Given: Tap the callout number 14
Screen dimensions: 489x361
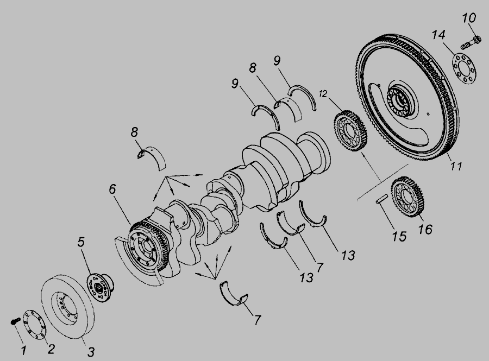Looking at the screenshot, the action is coord(438,35).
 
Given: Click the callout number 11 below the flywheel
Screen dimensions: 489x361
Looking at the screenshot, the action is coord(456,166).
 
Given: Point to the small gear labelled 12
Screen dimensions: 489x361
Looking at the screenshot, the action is coord(350,131).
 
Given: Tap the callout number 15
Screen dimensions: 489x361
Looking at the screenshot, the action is coord(399,236).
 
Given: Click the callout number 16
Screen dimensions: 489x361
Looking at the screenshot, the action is coord(425,229).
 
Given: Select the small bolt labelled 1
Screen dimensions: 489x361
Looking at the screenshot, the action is coord(15,321).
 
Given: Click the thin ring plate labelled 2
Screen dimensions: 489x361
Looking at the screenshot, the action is coord(35,324).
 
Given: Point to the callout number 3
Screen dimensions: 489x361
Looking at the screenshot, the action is coord(90,352).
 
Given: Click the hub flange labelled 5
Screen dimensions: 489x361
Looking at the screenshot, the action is coord(100,287).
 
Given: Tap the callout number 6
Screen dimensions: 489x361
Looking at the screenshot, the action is coord(112,189).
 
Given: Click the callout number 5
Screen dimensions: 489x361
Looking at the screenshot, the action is coord(81,242).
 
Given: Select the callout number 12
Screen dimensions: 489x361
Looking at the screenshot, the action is coord(323,93).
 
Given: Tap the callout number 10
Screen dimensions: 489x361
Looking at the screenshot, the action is coord(469,18).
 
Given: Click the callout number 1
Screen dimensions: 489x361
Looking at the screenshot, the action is coord(23,350).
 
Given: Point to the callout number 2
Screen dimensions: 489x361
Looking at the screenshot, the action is coord(51,349).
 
